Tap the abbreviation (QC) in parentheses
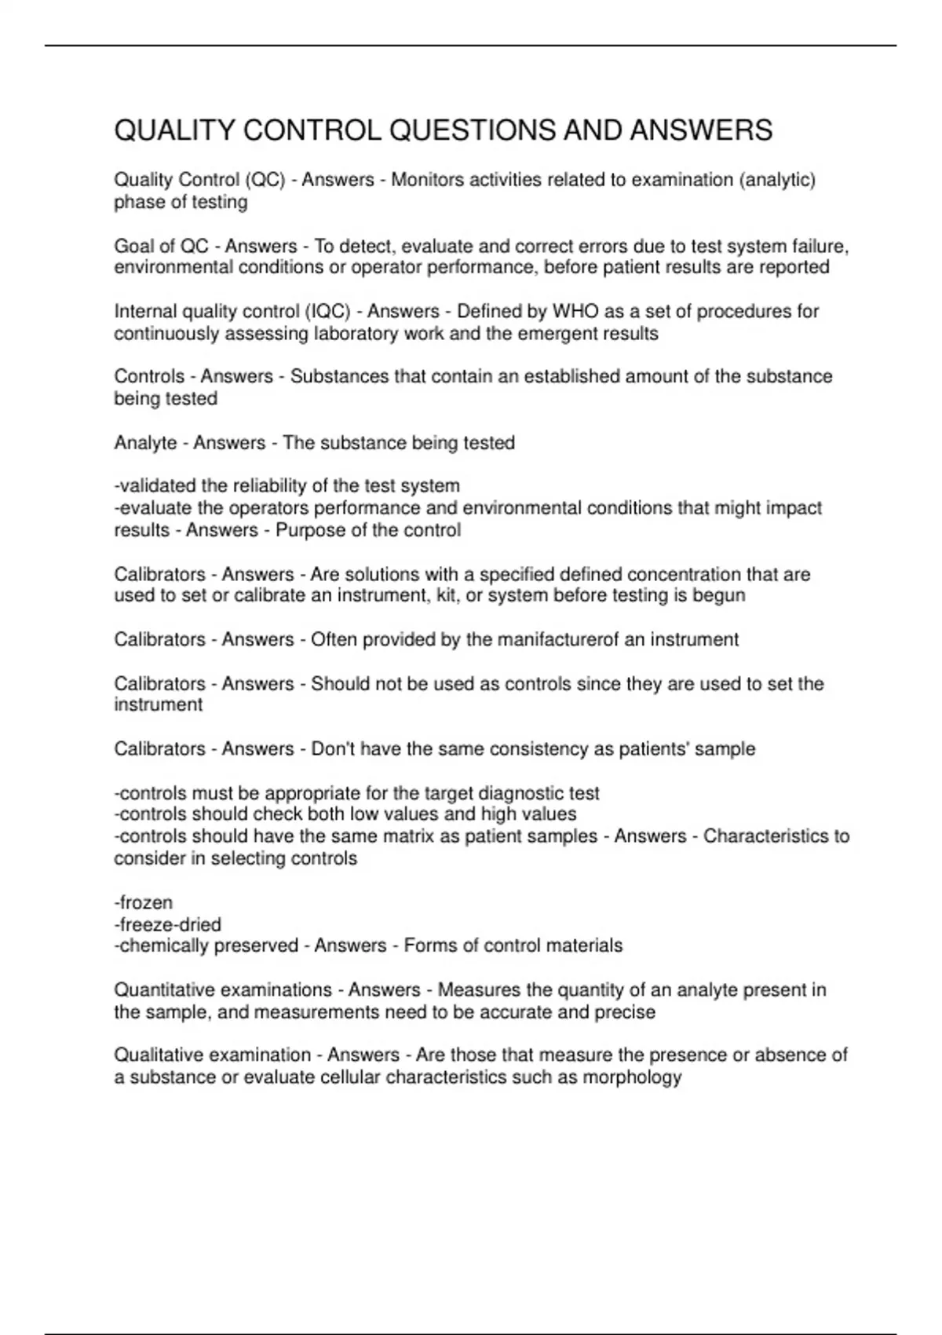[265, 180]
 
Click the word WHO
[576, 311]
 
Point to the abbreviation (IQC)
[330, 311]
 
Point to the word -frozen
[144, 902]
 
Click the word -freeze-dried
[168, 924]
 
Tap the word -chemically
[161, 945]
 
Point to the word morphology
[632, 1077]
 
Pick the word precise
[625, 1012]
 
